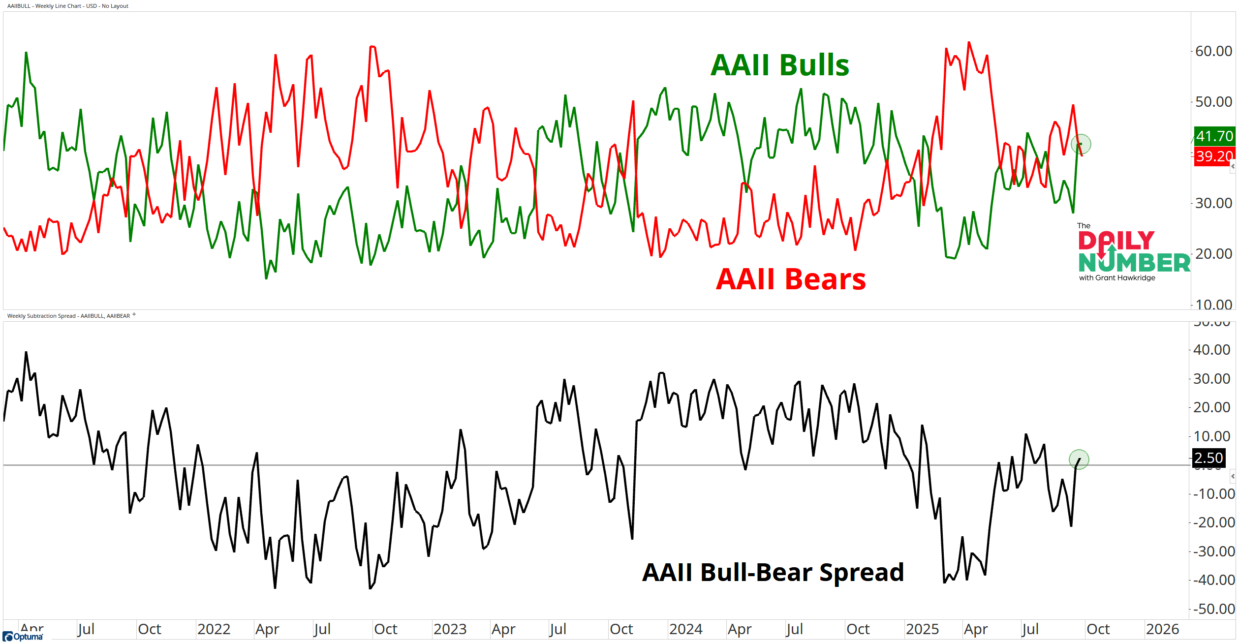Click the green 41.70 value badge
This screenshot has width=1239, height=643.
(x=1214, y=136)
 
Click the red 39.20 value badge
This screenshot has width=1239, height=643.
(x=1214, y=156)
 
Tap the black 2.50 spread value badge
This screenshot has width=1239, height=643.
(x=1208, y=458)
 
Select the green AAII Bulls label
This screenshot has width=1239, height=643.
(x=780, y=65)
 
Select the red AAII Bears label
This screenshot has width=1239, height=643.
(x=791, y=279)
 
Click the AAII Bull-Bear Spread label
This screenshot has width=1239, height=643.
(x=773, y=573)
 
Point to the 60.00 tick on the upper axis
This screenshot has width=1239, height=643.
(x=1213, y=51)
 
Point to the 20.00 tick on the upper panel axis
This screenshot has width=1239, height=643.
(x=1213, y=254)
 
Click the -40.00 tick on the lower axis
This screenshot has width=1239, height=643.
(x=1213, y=580)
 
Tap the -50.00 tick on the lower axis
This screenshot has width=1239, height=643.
(x=1213, y=609)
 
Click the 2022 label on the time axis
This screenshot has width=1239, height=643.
(x=214, y=629)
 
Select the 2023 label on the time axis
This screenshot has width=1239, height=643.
(x=450, y=629)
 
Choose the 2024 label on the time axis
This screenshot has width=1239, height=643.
(x=685, y=629)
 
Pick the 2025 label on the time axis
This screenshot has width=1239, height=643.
(x=922, y=629)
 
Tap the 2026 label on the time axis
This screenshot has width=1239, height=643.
(x=1162, y=629)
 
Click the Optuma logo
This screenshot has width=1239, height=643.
(x=23, y=637)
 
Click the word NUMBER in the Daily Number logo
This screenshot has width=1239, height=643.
(x=1134, y=263)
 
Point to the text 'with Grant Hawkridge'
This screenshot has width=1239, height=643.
(x=1117, y=278)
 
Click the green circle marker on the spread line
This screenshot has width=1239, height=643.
(x=1079, y=459)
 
